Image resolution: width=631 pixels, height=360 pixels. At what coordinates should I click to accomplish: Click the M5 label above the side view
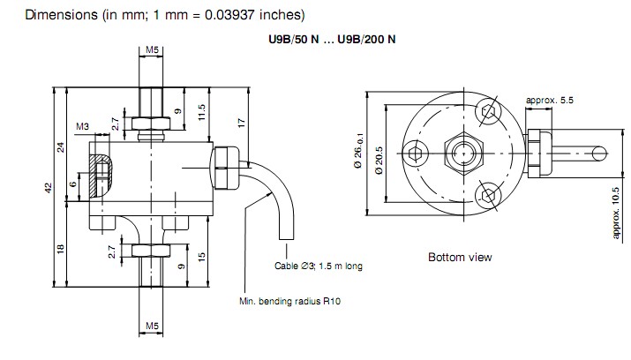(x=152, y=49)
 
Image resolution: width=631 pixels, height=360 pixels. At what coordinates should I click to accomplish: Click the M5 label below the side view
(x=152, y=326)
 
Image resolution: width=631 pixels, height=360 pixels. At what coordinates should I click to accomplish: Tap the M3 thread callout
(x=82, y=127)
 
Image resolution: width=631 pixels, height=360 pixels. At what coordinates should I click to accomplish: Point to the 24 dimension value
(x=61, y=146)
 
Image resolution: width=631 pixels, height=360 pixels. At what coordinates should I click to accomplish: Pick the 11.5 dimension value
(x=203, y=113)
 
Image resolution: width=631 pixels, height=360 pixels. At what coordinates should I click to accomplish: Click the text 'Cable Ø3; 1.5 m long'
(x=319, y=266)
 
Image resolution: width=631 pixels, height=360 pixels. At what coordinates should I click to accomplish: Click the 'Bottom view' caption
(x=460, y=258)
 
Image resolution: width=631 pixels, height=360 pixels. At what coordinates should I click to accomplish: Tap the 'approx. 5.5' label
(x=549, y=101)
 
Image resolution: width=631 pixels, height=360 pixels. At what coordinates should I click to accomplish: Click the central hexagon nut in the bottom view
(x=460, y=154)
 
